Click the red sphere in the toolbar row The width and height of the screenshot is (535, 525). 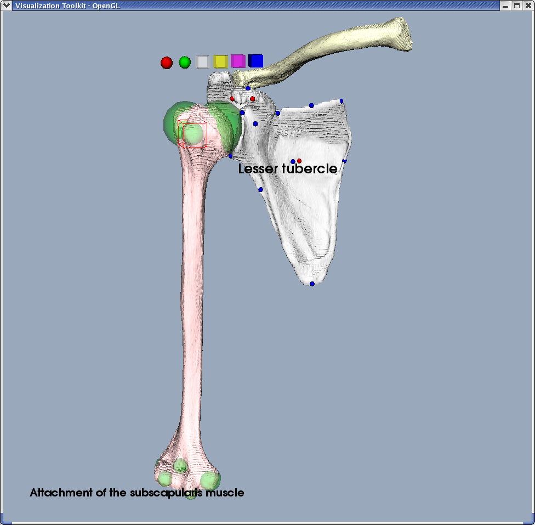pos(167,63)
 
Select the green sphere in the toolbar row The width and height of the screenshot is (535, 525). pos(185,63)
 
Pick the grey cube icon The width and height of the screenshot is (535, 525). pos(202,62)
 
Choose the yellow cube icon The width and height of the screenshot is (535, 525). pos(220,61)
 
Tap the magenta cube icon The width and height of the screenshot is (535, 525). pos(238,61)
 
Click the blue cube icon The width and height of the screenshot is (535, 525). pos(255,61)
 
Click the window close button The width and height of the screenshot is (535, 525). pos(528,5)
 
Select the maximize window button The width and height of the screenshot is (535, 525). pos(517,5)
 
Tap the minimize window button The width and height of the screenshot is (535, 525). pos(505,5)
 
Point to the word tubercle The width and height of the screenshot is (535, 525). pos(310,168)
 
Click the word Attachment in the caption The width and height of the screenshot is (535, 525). pos(61,493)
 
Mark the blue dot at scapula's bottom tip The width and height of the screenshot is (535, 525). pos(312,284)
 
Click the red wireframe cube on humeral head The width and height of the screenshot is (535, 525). pos(192,134)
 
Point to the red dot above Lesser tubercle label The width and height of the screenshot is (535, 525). pos(299,161)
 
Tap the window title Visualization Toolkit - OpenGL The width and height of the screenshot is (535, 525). pos(67,5)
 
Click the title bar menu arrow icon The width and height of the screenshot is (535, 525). pos(7,5)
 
